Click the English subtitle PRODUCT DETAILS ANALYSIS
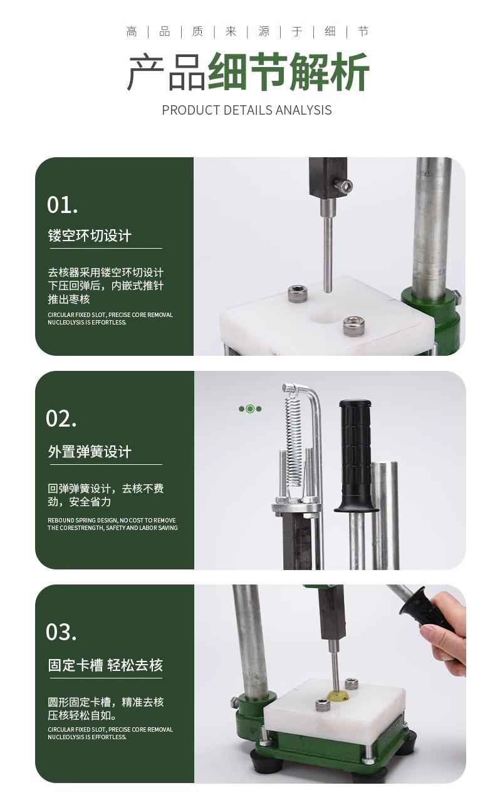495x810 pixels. pyautogui.click(x=247, y=110)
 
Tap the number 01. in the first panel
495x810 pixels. pyautogui.click(x=62, y=205)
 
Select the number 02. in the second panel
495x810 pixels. pyautogui.click(x=61, y=418)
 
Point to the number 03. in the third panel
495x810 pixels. pyautogui.click(x=61, y=632)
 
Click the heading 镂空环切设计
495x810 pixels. pyautogui.click(x=90, y=236)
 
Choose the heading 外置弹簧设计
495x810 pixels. pyautogui.click(x=90, y=452)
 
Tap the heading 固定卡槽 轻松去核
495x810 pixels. pyautogui.click(x=105, y=665)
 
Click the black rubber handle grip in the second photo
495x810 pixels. pyautogui.click(x=356, y=455)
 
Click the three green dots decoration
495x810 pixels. pyautogui.click(x=250, y=409)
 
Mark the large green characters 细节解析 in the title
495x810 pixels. pyautogui.click(x=288, y=71)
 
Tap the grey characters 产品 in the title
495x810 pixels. pyautogui.click(x=167, y=71)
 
